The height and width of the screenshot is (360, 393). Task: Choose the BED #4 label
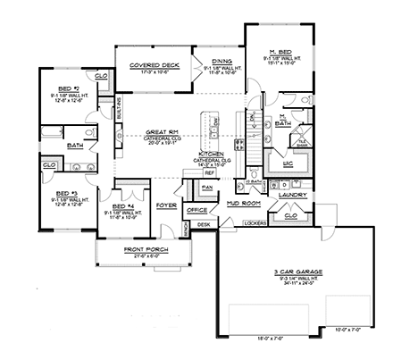tap(119, 206)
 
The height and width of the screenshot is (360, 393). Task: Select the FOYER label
tap(165, 205)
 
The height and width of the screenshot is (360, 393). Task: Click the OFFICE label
tap(196, 209)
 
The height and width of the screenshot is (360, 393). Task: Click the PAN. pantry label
tap(206, 187)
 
